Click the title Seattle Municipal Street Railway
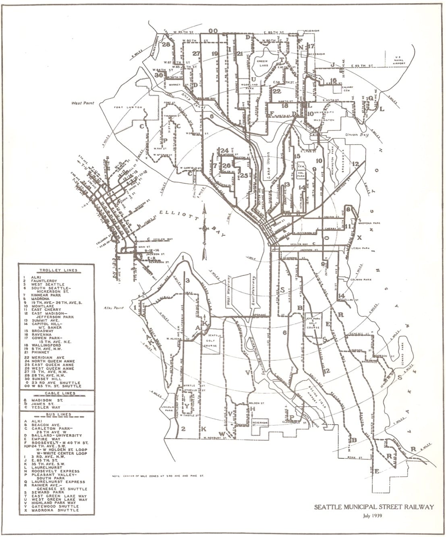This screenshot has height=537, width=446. pos(374,507)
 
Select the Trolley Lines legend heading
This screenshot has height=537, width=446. pos(56,270)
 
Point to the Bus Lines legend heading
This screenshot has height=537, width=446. pos(56,414)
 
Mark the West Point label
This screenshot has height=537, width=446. pos(83,103)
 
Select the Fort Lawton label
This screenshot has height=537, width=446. pos(123,107)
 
